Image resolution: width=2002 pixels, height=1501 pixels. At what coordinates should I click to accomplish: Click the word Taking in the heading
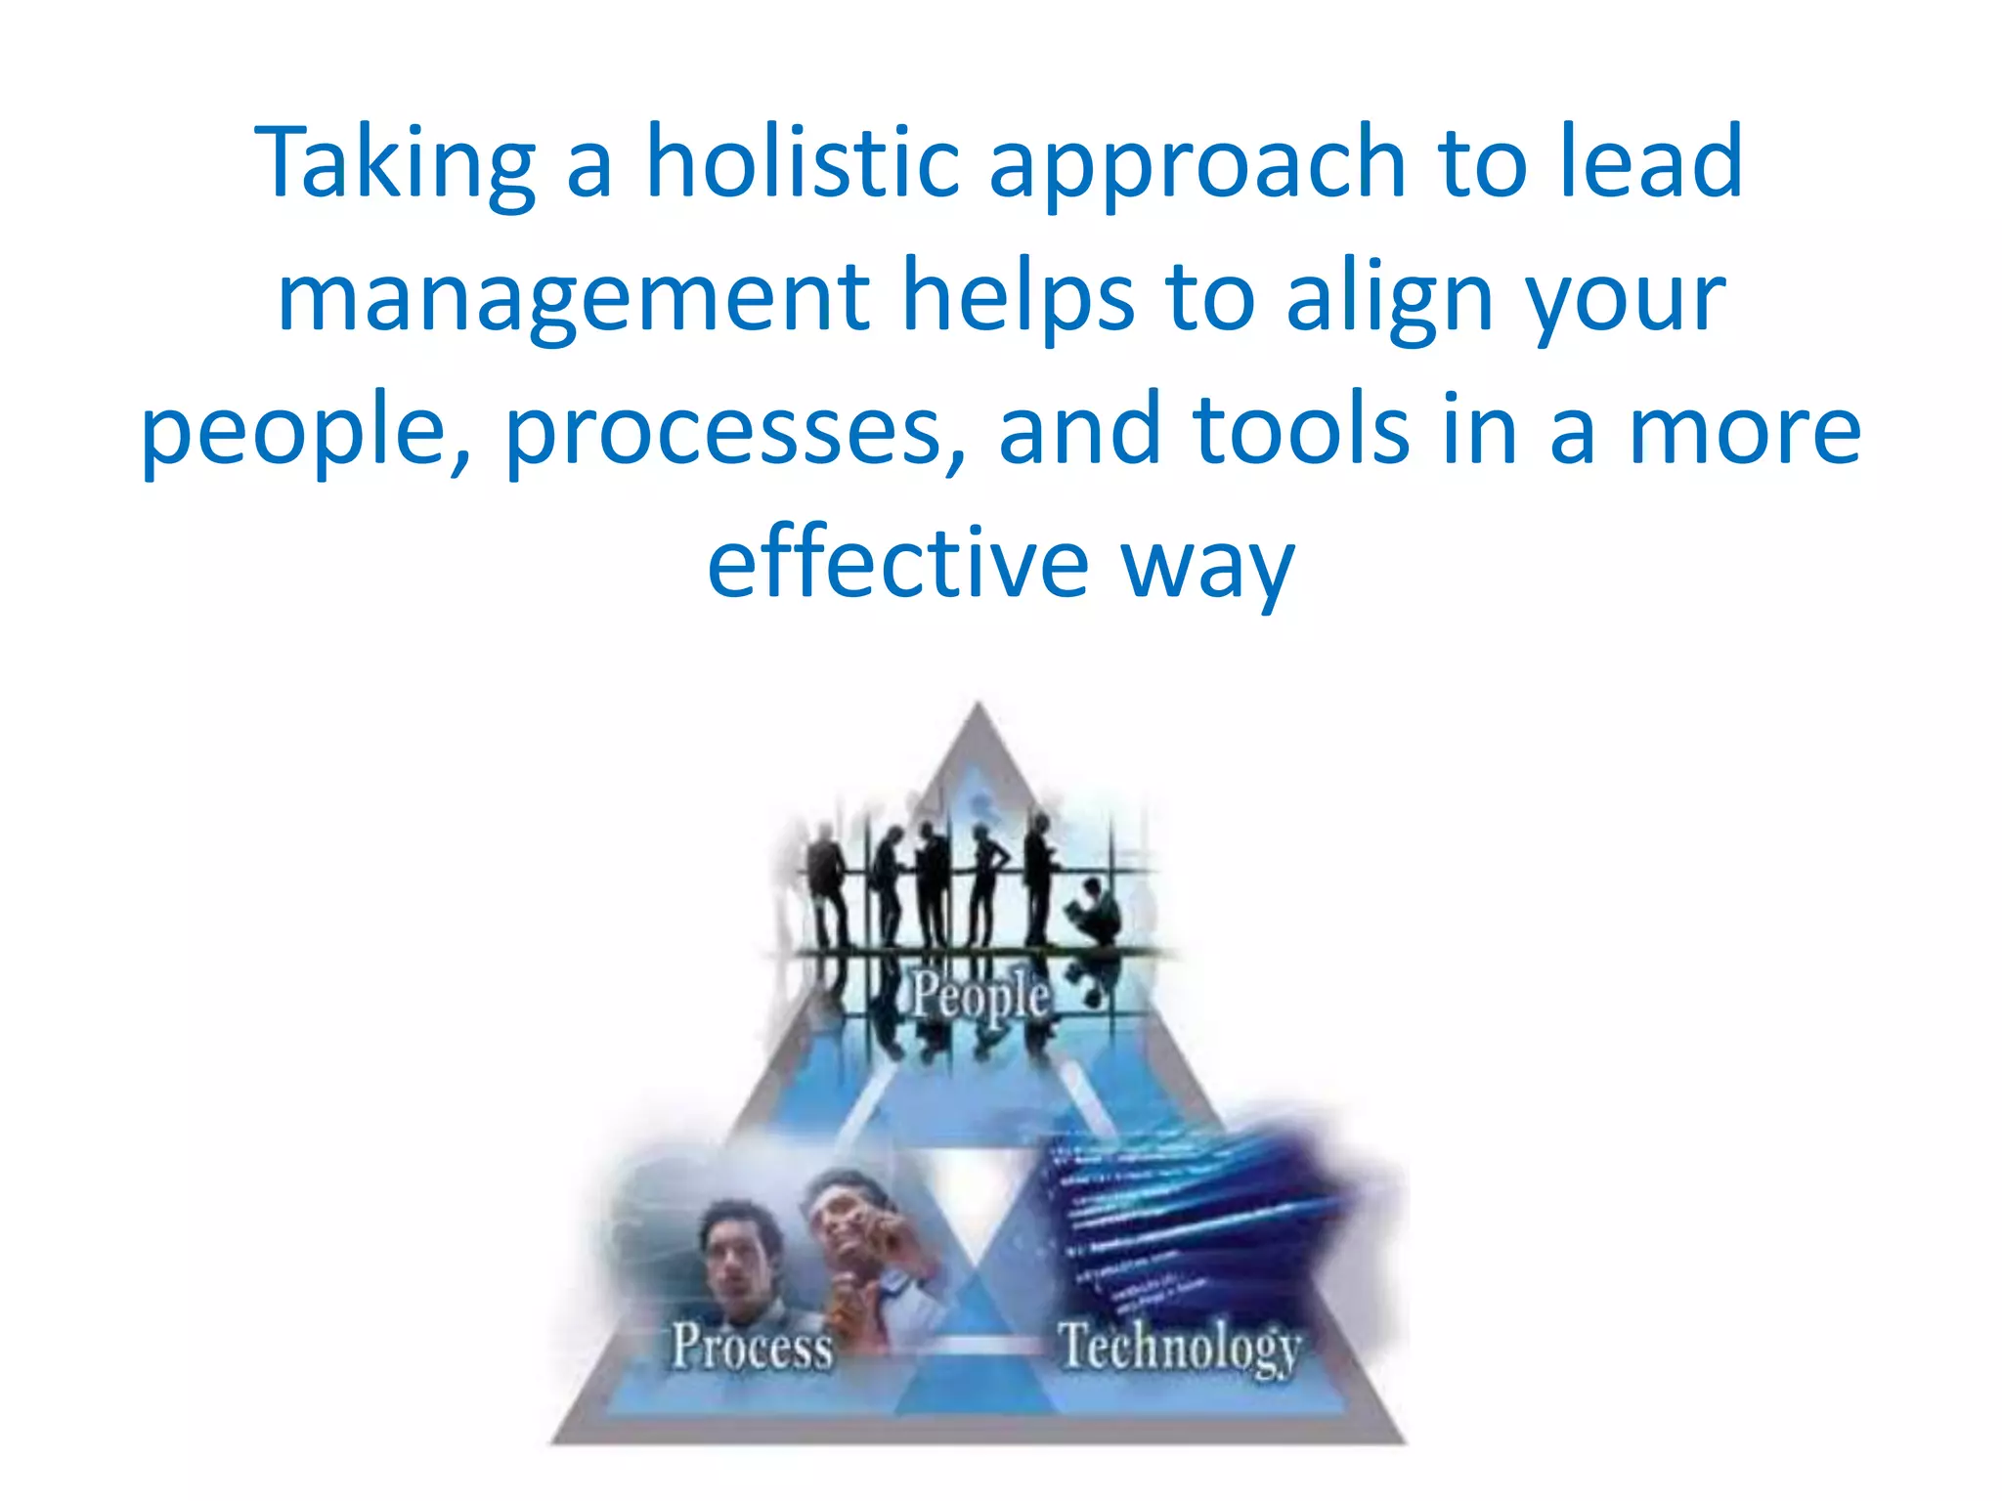click(x=395, y=164)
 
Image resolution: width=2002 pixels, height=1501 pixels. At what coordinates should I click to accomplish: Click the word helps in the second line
click(x=1018, y=296)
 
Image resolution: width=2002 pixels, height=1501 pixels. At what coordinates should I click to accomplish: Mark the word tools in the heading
click(x=1301, y=430)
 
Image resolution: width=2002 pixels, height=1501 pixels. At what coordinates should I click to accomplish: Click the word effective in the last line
click(x=897, y=564)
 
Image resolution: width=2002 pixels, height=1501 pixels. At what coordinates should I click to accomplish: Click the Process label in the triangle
click(x=752, y=1346)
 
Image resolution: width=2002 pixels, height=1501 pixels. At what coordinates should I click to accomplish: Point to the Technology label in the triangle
click(x=1179, y=1348)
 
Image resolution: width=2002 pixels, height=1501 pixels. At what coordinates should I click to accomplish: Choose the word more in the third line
click(x=1744, y=430)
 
